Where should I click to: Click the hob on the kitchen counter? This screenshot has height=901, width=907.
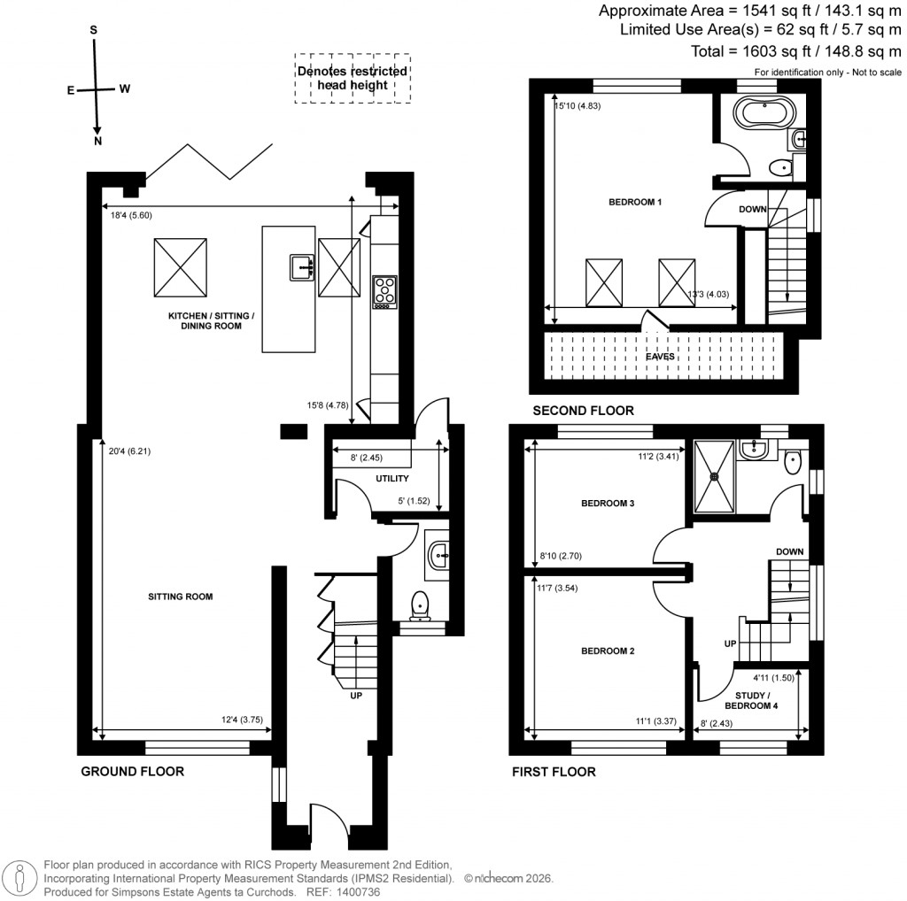pos(385,292)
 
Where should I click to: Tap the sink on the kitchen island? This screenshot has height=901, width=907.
pos(301,266)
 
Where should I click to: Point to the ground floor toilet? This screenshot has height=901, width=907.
pos(421,605)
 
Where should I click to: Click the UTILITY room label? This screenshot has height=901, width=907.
pos(391,479)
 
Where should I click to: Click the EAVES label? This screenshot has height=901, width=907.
pos(659,357)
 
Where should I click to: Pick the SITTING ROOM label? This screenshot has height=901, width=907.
pos(181,597)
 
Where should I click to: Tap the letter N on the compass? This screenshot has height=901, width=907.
pos(97,141)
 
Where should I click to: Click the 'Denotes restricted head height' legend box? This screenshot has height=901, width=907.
pos(353,78)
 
